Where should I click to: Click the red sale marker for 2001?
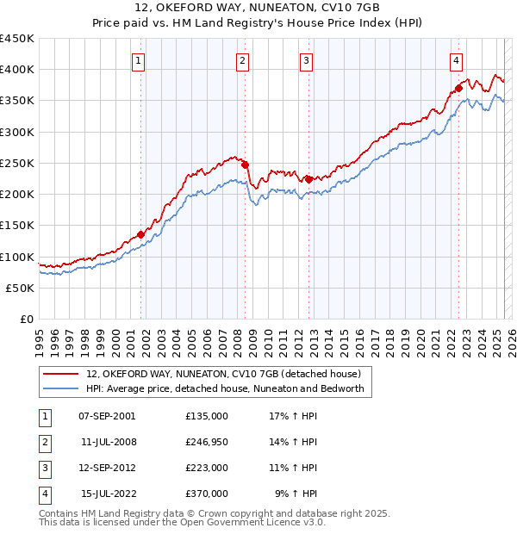(140, 234)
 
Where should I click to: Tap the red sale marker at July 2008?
(245, 165)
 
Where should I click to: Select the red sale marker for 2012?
(308, 179)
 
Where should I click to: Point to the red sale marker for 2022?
(459, 87)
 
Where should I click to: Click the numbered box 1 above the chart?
(139, 60)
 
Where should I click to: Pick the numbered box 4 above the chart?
(456, 60)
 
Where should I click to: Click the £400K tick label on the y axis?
(17, 70)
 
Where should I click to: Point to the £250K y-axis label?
(17, 163)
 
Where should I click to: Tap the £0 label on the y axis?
(26, 319)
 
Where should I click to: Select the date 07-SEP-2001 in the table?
(107, 416)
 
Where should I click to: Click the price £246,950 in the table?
(207, 442)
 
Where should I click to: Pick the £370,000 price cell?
(207, 494)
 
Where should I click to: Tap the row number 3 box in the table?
(44, 468)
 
